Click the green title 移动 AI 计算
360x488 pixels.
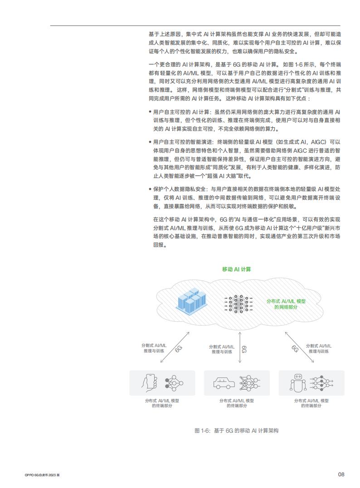236,269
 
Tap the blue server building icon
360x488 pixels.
192,300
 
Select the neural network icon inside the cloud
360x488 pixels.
238,304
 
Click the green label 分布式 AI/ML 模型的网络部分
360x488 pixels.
286,304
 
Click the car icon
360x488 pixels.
224,383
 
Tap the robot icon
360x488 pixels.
298,382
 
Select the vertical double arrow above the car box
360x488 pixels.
240,348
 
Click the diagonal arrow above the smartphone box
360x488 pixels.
175,347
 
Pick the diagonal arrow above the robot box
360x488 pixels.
299,347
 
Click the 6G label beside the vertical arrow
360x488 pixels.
244,349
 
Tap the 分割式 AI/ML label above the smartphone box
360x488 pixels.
154,348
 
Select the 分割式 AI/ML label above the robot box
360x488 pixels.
319,348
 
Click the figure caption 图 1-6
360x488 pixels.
236,430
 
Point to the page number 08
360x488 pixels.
341,474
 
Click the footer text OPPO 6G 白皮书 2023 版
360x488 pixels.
42,475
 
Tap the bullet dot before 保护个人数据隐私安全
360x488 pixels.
150,189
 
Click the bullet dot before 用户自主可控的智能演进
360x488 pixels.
150,142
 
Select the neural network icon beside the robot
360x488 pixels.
321,383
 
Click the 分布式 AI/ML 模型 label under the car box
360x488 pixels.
237,403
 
